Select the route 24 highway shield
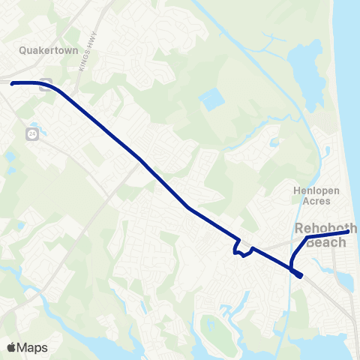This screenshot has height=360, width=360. (32, 133)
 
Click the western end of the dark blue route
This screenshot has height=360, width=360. (13, 83)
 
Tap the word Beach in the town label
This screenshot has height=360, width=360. (326, 241)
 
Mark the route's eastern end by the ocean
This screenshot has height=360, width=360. (347, 232)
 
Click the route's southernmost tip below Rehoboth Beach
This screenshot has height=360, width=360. (300, 276)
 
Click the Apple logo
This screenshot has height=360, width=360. (11, 347)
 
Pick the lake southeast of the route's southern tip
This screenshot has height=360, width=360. (344, 282)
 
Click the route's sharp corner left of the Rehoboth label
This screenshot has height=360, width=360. (307, 238)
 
